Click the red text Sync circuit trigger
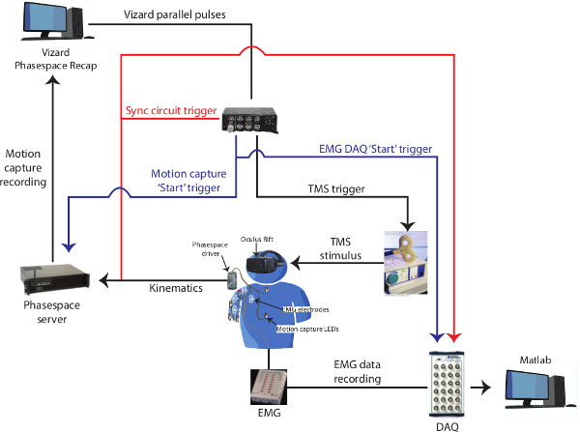(171, 111)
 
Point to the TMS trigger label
(332, 189)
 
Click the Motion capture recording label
(22, 168)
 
